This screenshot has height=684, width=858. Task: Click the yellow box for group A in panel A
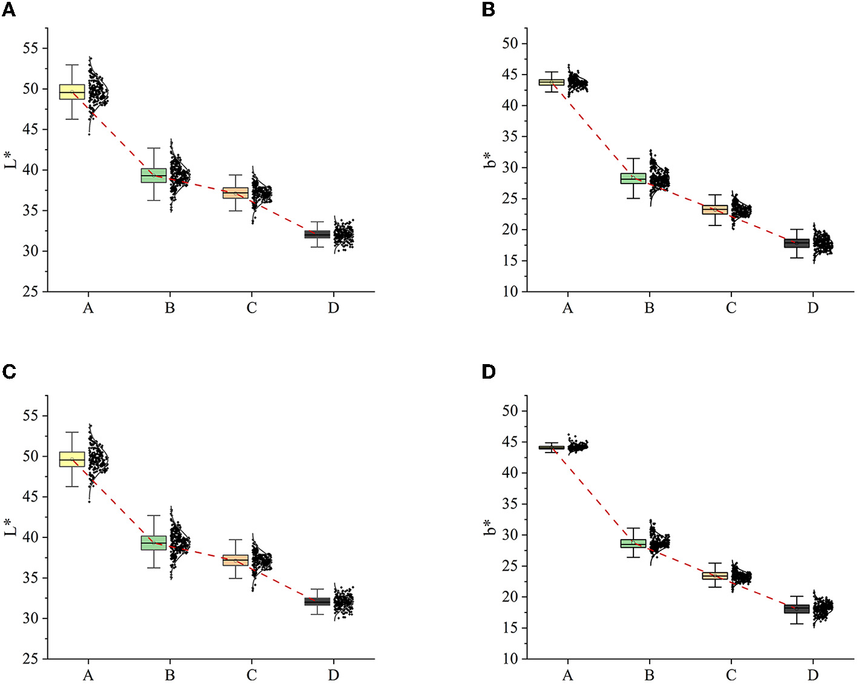(x=72, y=91)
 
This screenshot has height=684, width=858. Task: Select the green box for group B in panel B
(x=633, y=178)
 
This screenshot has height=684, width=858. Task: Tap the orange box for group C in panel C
(x=236, y=560)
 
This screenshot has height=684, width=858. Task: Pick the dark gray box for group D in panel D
(x=796, y=609)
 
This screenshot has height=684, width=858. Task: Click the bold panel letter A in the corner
(x=8, y=10)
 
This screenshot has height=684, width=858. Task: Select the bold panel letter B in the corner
(x=489, y=10)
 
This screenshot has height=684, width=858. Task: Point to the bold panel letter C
(x=8, y=371)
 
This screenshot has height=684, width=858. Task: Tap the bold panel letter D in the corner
(x=489, y=371)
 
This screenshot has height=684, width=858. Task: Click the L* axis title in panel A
(x=11, y=159)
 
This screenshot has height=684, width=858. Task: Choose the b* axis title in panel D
(x=490, y=527)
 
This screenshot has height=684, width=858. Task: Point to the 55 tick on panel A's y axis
(x=30, y=48)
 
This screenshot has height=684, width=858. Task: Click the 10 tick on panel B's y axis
(x=510, y=291)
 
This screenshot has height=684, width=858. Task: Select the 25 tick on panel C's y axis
(x=30, y=659)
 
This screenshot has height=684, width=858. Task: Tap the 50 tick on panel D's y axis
(x=510, y=411)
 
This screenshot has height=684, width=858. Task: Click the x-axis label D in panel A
(x=333, y=308)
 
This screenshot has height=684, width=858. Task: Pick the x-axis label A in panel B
(x=567, y=308)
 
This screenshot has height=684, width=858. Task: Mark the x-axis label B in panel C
(x=170, y=675)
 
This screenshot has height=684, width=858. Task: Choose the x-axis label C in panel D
(x=731, y=675)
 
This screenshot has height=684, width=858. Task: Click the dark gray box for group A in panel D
(x=551, y=448)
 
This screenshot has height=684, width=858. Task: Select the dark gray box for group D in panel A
(x=317, y=234)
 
